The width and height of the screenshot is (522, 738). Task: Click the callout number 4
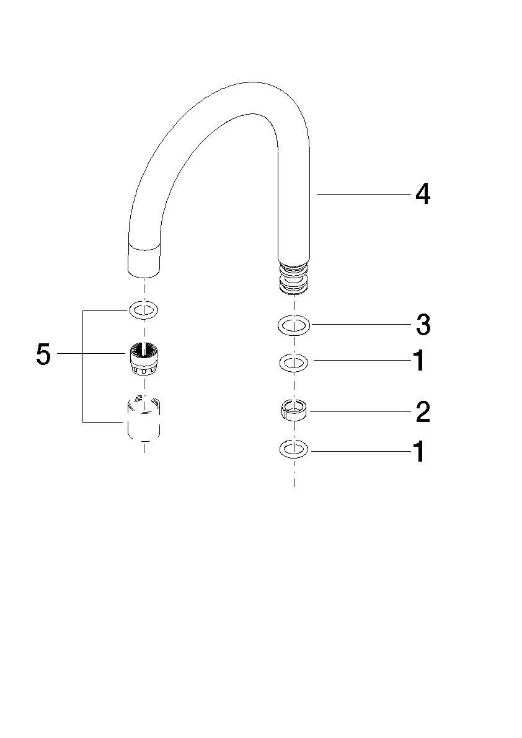tap(422, 194)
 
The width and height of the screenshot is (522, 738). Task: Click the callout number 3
tap(423, 325)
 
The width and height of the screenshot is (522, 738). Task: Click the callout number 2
tap(423, 412)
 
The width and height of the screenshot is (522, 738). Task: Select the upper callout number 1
tap(419, 361)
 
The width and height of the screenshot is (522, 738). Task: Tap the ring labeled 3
tap(294, 324)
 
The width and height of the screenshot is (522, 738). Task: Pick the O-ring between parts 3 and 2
tap(294, 363)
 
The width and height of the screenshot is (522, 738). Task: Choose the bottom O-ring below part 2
tap(294, 449)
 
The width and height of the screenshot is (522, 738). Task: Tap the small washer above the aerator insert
tap(144, 310)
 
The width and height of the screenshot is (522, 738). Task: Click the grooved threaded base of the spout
tap(294, 278)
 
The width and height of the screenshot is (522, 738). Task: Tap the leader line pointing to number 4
tap(363, 194)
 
